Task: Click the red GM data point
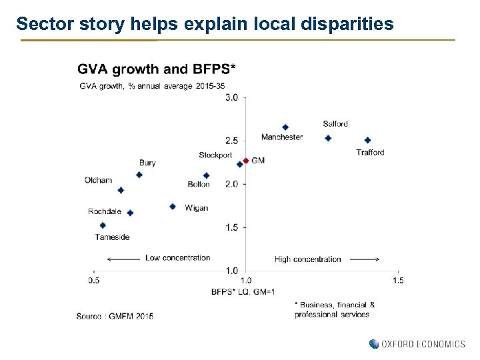[x=246, y=161]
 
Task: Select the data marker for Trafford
[x=367, y=140]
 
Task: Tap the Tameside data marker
[x=103, y=225]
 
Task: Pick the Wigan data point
[x=172, y=207]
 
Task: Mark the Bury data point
[x=139, y=175]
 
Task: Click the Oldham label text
[x=98, y=180]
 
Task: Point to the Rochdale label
[x=105, y=211]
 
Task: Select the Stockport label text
[x=215, y=155]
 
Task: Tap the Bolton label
[x=199, y=184]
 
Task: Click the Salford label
[x=335, y=123]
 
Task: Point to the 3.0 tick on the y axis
[x=232, y=98]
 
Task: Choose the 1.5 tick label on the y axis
[x=232, y=227]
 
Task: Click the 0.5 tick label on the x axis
[x=93, y=281]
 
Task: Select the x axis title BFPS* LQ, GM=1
[x=243, y=291]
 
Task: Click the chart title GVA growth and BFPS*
[x=156, y=69]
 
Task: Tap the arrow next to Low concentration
[x=123, y=259]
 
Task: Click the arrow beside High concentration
[x=364, y=259]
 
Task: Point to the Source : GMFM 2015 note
[x=114, y=315]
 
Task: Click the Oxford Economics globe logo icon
[x=373, y=344]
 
